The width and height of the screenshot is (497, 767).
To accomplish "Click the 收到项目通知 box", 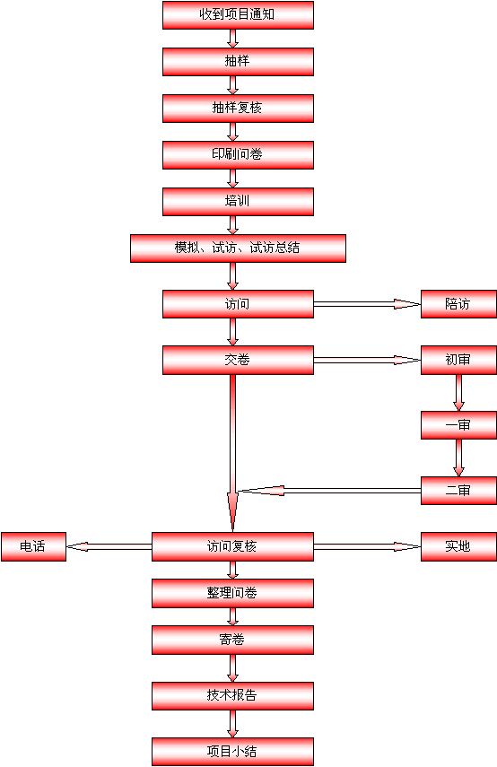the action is pyautogui.click(x=238, y=15).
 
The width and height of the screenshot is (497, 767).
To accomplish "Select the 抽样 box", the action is pyautogui.click(x=238, y=62).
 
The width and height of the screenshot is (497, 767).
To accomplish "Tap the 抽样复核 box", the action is pyautogui.click(x=238, y=109).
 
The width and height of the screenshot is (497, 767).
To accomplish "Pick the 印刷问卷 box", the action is pyautogui.click(x=238, y=155).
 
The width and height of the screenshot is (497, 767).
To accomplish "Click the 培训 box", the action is pyautogui.click(x=238, y=202).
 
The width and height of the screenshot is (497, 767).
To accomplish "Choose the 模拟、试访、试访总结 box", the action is pyautogui.click(x=238, y=248).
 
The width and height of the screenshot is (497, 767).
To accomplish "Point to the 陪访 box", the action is pyautogui.click(x=458, y=304).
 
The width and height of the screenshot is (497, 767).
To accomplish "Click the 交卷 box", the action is pyautogui.click(x=238, y=360).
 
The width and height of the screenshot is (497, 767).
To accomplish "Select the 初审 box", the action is pyautogui.click(x=458, y=360).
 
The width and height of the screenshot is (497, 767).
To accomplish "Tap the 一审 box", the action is pyautogui.click(x=458, y=425).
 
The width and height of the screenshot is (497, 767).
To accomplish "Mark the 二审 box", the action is pyautogui.click(x=458, y=491).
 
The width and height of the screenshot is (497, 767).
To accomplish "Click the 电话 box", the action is pyautogui.click(x=33, y=546).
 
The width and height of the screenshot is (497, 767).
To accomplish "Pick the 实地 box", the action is pyautogui.click(x=458, y=546).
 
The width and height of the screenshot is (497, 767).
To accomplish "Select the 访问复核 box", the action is pyautogui.click(x=232, y=546).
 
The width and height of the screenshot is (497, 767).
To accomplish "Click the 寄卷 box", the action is pyautogui.click(x=232, y=640).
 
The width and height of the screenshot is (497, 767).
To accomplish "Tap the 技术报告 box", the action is pyautogui.click(x=232, y=695).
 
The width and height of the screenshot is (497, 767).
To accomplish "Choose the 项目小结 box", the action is pyautogui.click(x=232, y=752).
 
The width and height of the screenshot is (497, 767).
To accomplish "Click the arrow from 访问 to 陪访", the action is pyautogui.click(x=367, y=304).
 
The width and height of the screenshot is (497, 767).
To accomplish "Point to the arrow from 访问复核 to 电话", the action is pyautogui.click(x=109, y=546).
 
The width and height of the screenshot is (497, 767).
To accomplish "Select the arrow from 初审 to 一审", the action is pyautogui.click(x=458, y=393).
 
